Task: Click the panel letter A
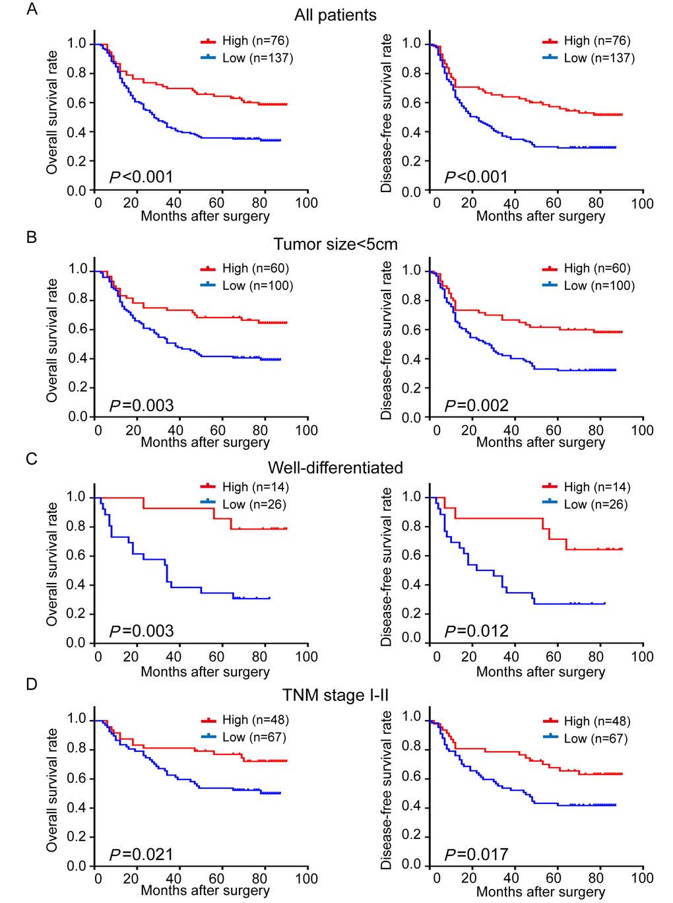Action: coord(32,9)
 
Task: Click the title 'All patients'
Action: coord(335,15)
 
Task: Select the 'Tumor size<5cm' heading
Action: coord(335,244)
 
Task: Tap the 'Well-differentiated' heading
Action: coord(335,467)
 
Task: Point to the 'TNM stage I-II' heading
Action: coord(335,695)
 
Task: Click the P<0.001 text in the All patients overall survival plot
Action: coord(141,177)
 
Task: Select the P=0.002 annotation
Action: coord(476,405)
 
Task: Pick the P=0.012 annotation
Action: coord(476,631)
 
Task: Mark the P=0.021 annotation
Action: coord(141,855)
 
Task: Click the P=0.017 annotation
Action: coord(476,855)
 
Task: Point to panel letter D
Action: coord(32,685)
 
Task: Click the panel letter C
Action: coord(32,459)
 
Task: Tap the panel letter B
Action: coord(32,237)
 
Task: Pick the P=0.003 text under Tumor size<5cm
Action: coord(141,405)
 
